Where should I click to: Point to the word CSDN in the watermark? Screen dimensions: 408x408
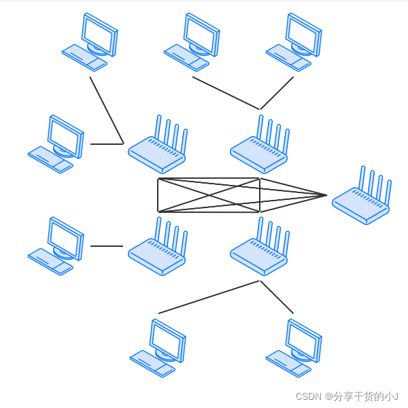(x=308, y=396)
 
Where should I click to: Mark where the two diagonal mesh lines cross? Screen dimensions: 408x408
(x=209, y=195)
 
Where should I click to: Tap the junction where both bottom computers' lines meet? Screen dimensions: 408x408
(x=260, y=281)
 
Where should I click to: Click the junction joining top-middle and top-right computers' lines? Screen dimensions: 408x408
(x=260, y=109)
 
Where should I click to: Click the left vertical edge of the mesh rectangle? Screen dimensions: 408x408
(x=158, y=195)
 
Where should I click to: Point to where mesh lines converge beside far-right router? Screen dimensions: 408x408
(x=326, y=195)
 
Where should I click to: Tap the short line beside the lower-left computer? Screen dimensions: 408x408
(x=106, y=246)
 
